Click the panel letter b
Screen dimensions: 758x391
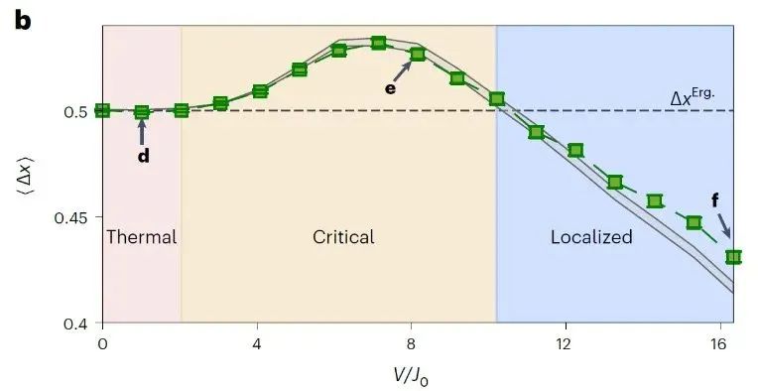click(23, 21)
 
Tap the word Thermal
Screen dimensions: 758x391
click(141, 237)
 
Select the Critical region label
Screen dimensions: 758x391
click(343, 237)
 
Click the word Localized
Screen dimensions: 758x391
click(591, 237)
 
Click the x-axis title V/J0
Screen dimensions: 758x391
click(410, 374)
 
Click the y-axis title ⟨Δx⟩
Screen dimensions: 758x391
click(25, 173)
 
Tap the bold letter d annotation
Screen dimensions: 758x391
click(144, 156)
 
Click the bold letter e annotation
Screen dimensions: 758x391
click(390, 88)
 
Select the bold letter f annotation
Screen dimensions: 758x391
click(715, 199)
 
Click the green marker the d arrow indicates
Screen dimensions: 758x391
click(142, 112)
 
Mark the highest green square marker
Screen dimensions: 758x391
click(379, 43)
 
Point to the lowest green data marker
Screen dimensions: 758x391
click(734, 257)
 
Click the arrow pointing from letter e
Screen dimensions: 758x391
click(402, 71)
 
